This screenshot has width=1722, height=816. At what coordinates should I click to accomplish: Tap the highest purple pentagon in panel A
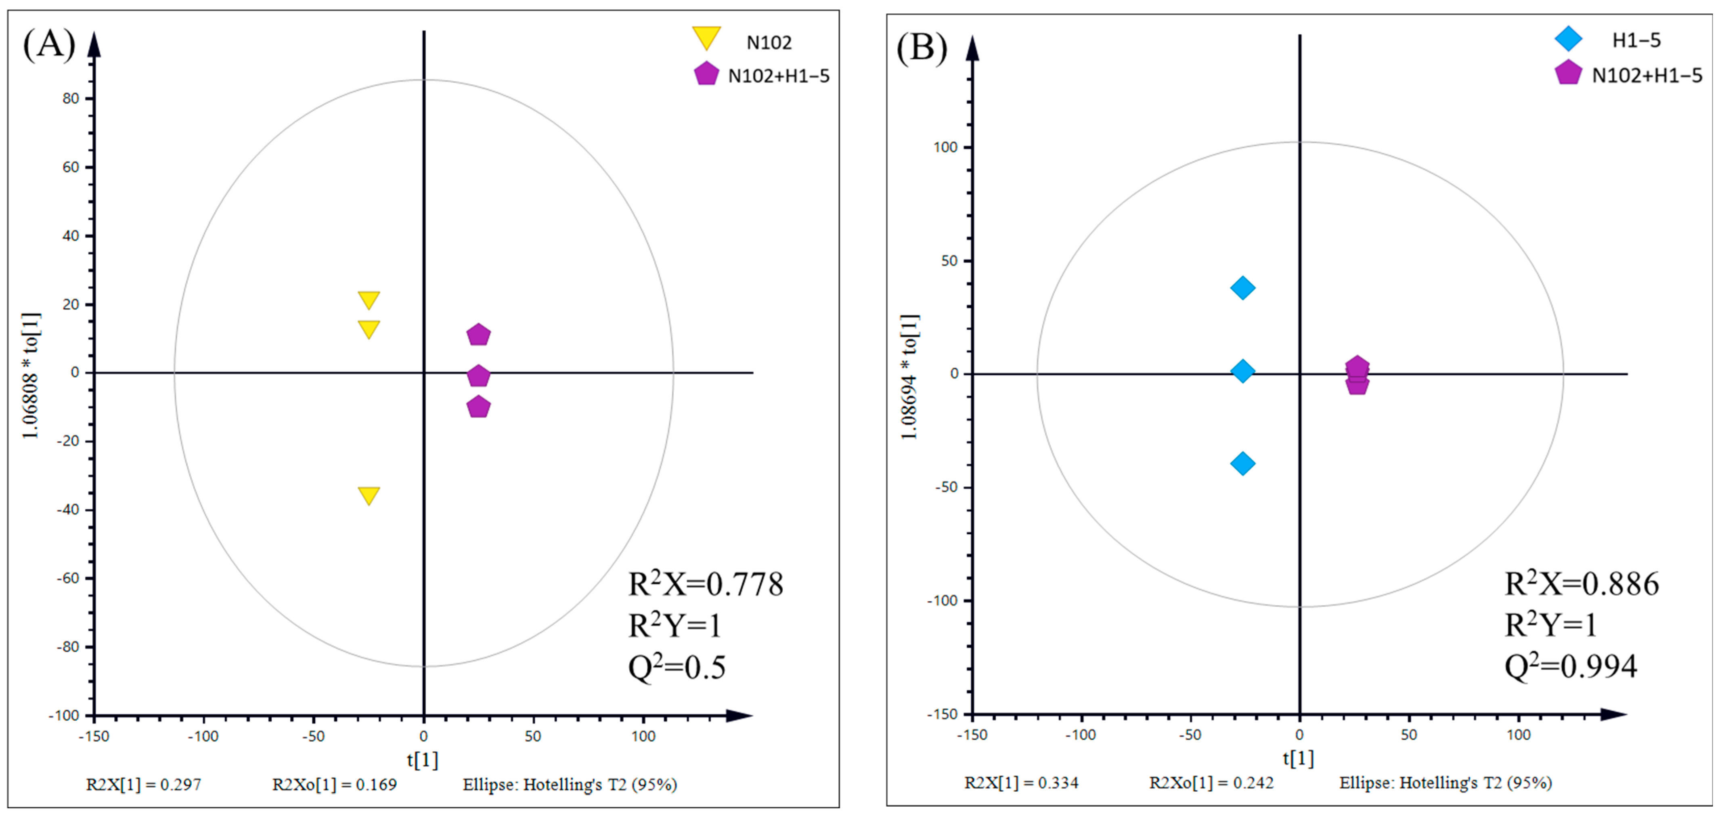[x=478, y=334]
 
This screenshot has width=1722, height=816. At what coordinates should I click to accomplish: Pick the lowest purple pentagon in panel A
[x=478, y=406]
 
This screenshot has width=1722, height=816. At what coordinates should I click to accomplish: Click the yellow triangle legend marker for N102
[x=706, y=38]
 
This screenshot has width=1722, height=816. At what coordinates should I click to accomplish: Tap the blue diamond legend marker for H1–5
[x=1567, y=39]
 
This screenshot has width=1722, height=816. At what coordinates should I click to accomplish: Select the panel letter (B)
[x=921, y=48]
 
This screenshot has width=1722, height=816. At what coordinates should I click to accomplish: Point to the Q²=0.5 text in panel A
[x=677, y=667]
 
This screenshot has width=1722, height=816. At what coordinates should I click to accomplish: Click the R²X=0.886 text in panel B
[x=1581, y=584]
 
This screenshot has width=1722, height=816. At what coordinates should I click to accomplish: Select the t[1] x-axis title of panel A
[x=423, y=760]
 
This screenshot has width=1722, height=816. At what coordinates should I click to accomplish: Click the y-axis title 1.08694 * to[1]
[x=910, y=376]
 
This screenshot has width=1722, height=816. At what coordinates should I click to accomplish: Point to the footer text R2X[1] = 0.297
[x=144, y=785]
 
